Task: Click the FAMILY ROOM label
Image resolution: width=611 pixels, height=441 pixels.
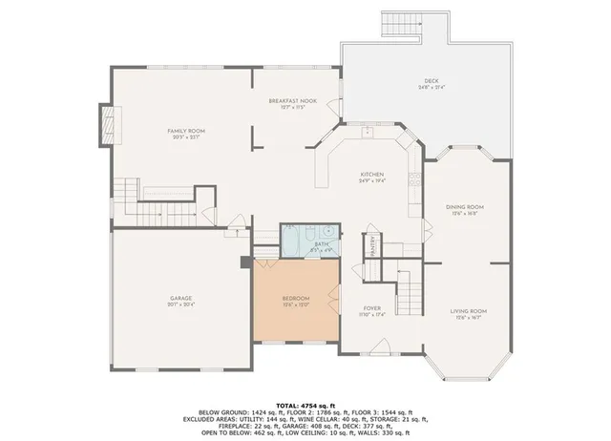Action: coord(186,131)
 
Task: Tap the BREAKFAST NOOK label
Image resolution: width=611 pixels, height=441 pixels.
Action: coord(291,101)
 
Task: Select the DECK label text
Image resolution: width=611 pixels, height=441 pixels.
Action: coord(432,81)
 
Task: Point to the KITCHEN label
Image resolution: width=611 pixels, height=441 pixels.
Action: coord(371,175)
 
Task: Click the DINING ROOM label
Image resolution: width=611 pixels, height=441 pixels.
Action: coord(465,207)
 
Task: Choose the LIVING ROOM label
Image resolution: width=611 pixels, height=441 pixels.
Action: coord(469,311)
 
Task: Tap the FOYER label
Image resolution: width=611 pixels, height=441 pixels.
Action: coord(372,308)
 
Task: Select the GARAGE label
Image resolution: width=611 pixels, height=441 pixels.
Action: coord(180,299)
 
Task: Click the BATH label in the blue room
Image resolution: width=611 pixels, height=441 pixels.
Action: coord(321,244)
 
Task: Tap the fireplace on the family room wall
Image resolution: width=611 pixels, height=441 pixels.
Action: coord(104,122)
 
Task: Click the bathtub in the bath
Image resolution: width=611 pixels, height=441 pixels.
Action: coord(290,239)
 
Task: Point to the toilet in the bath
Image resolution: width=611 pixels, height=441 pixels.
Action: coord(312,232)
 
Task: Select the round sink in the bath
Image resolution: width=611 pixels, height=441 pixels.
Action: coord(327,231)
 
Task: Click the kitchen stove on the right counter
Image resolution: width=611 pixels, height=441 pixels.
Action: coord(412,178)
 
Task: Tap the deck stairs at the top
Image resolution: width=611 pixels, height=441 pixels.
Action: coord(398,24)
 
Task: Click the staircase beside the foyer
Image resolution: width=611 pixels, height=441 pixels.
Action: coord(409,284)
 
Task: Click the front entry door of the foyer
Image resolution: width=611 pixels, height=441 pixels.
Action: coord(374,354)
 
